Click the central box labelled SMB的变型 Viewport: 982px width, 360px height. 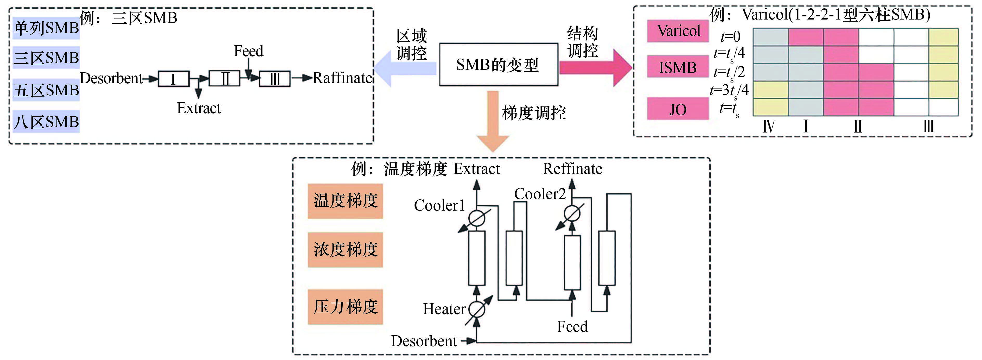498,65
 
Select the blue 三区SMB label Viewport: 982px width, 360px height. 46,58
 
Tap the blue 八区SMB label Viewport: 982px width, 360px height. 46,122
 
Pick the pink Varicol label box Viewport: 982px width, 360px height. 678,30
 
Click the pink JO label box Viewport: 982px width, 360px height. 678,109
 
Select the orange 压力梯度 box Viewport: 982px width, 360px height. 345,307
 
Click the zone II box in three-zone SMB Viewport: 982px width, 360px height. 225,79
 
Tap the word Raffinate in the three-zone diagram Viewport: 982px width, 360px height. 342,78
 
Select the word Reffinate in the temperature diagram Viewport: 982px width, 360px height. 572,169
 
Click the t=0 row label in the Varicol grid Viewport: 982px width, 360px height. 730,37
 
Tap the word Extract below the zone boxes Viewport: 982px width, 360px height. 199,108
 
